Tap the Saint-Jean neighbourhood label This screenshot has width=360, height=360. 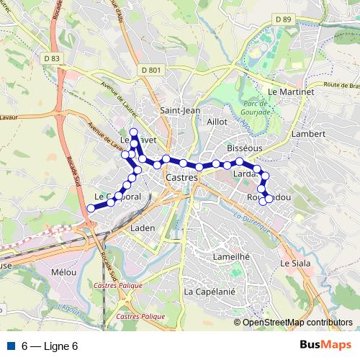[179, 111]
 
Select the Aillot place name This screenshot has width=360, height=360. [217, 122]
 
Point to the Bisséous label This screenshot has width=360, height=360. [244, 147]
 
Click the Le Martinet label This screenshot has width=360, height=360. [291, 92]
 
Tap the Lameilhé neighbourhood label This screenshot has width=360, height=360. [231, 256]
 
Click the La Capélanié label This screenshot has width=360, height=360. [210, 292]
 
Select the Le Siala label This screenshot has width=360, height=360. [295, 264]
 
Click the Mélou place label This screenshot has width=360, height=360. [64, 272]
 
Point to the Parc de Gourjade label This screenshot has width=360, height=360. [253, 107]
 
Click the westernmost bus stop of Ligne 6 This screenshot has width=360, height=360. [91, 208]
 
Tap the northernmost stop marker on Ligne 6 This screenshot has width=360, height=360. [133, 132]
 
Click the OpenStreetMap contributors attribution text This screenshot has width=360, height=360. [297, 323]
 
